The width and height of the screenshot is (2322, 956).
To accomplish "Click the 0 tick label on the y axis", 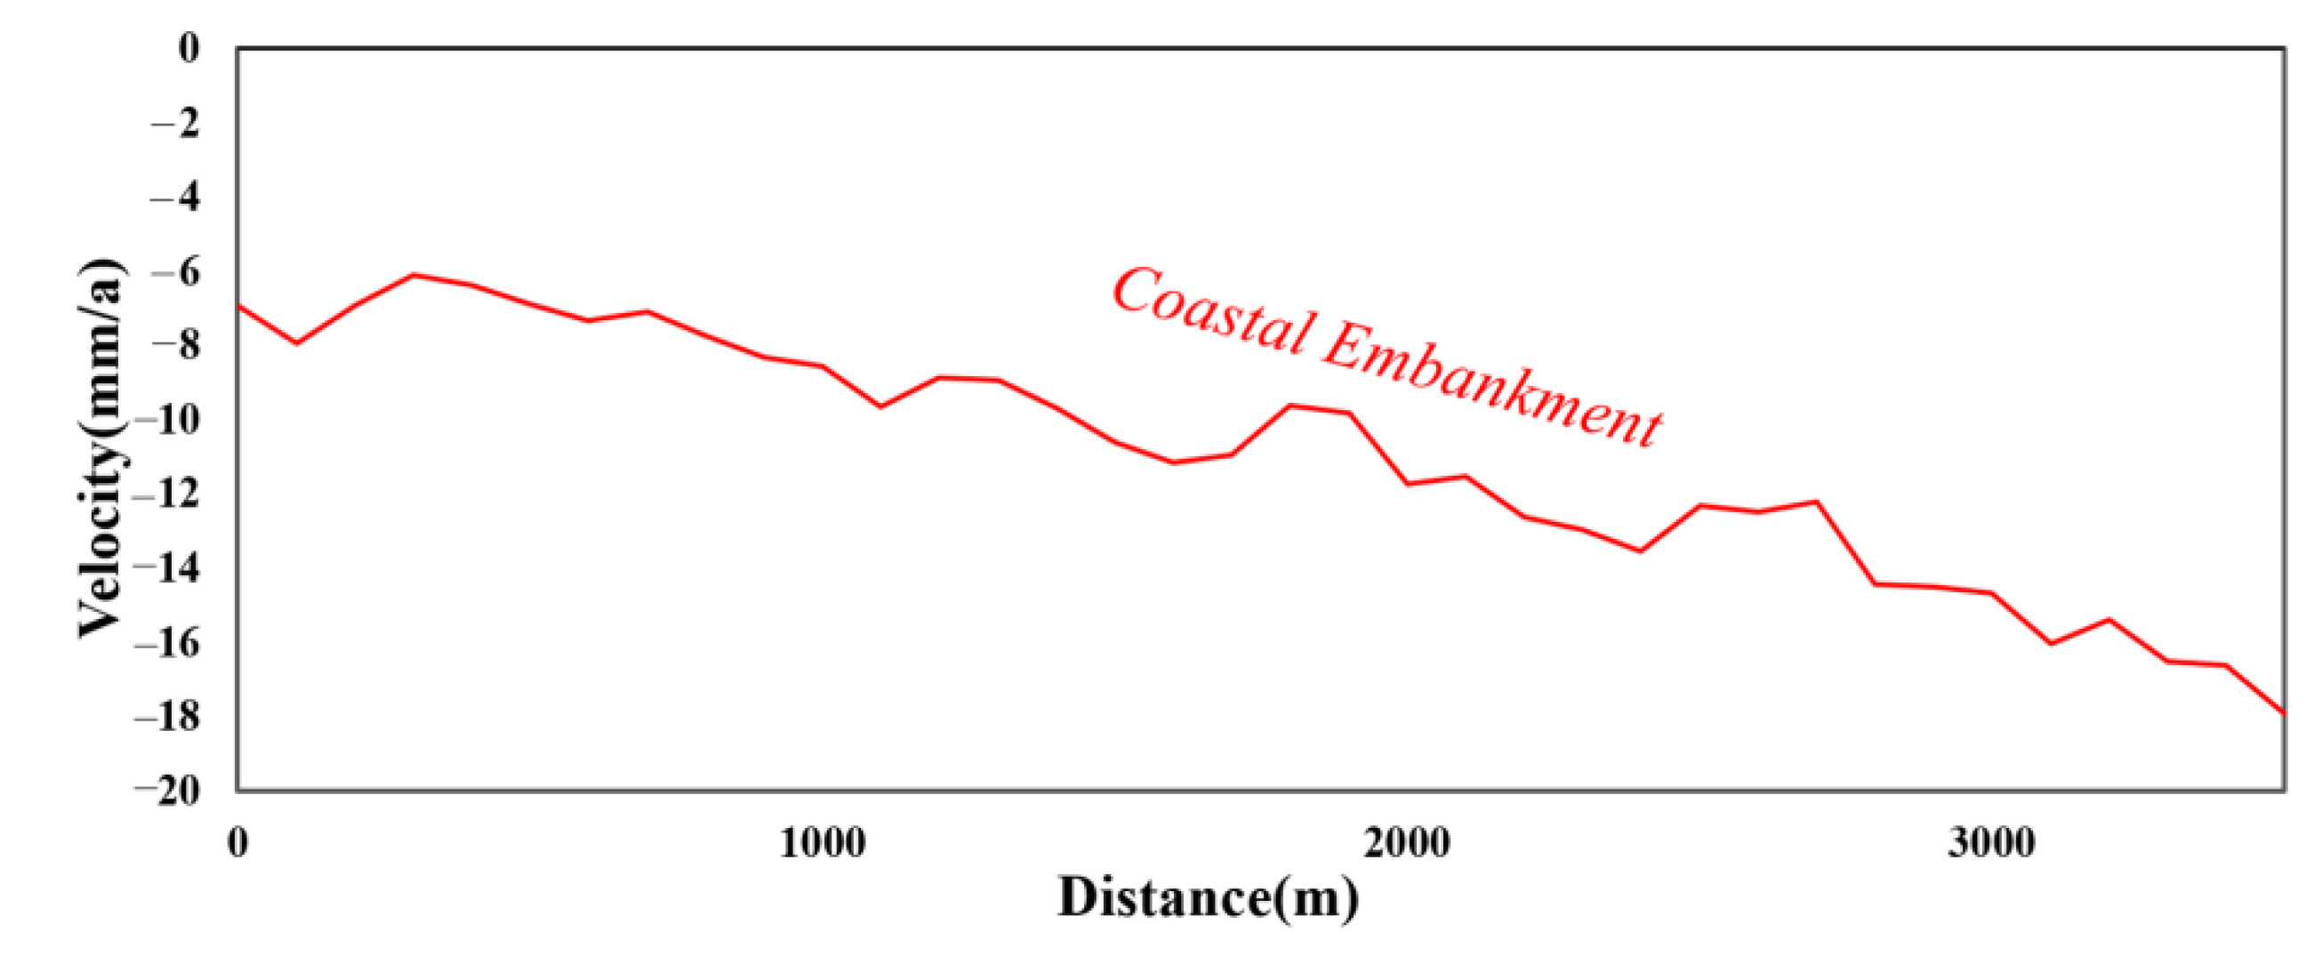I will (189, 48).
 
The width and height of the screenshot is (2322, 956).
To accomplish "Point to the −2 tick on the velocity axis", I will (176, 123).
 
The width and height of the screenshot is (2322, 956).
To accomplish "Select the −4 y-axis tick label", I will (176, 197).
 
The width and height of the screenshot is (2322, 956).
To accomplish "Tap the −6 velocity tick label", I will (176, 272).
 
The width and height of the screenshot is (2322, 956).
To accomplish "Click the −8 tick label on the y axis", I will (176, 345).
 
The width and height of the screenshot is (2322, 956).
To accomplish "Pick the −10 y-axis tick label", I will (168, 420).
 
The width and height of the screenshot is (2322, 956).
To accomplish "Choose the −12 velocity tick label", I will (168, 494).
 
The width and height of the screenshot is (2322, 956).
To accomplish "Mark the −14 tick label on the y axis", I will (168, 568).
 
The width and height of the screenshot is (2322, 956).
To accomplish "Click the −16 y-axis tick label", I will (168, 643).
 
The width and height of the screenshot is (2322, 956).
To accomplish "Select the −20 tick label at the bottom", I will (168, 791).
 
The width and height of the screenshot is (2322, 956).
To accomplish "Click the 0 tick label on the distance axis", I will (238, 842).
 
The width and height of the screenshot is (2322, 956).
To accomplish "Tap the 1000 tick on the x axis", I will (822, 842).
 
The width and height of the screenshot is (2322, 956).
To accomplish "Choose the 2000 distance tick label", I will (1406, 842).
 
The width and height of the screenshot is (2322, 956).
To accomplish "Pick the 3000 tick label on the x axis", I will (1991, 842).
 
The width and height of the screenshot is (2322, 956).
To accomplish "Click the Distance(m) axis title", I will (1208, 898).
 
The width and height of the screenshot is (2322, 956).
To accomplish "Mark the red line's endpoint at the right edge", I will (2283, 713).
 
